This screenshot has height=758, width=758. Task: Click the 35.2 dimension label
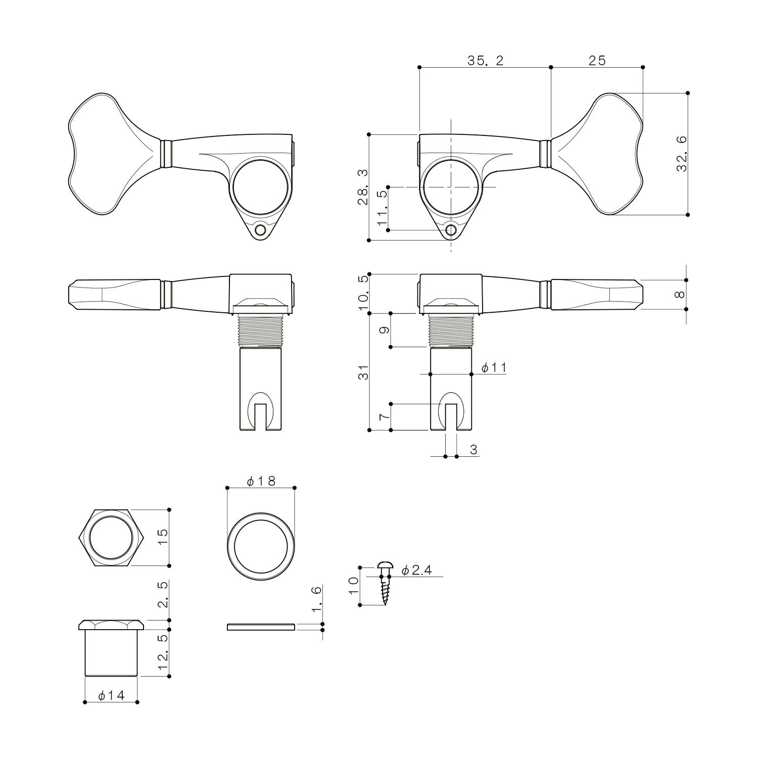[485, 61]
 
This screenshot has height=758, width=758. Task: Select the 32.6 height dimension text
[682, 154]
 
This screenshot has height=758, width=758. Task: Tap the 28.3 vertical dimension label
[363, 187]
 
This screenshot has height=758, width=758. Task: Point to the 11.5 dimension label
[382, 208]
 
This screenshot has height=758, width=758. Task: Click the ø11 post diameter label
[494, 368]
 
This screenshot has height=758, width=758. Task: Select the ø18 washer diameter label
[261, 482]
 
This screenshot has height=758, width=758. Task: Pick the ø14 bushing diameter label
[111, 696]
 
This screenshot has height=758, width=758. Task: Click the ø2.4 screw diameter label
[417, 571]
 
